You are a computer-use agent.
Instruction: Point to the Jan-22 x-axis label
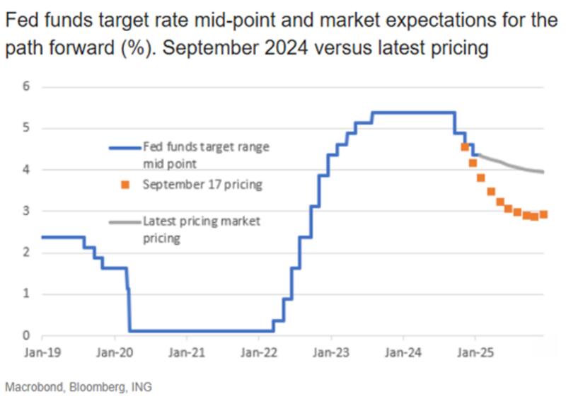pyautogui.click(x=258, y=349)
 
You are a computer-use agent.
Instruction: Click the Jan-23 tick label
pyautogui.click(x=330, y=349)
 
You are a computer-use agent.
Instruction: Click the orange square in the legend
pyautogui.click(x=125, y=185)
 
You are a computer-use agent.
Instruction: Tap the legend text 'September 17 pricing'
pyautogui.click(x=202, y=185)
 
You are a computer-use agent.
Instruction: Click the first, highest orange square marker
pyautogui.click(x=465, y=147)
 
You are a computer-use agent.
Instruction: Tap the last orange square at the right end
pyautogui.click(x=543, y=215)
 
